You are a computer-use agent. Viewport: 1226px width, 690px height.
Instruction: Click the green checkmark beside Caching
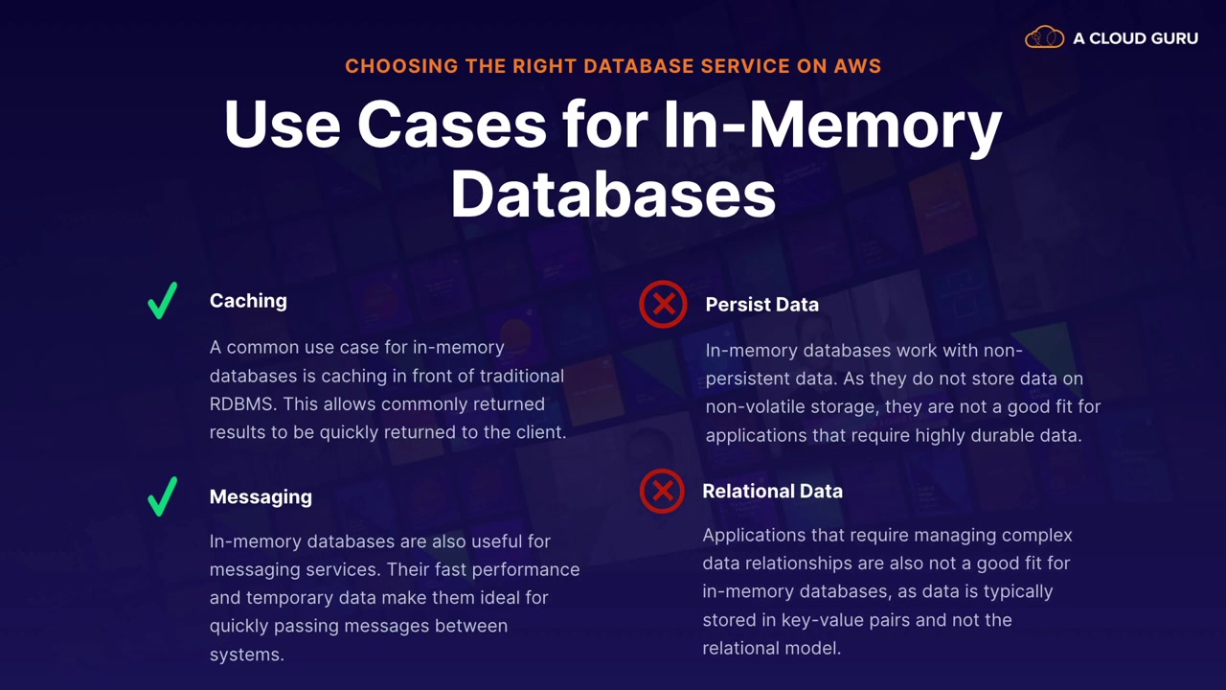[163, 301]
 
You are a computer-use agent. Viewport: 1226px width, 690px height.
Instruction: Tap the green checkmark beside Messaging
[163, 496]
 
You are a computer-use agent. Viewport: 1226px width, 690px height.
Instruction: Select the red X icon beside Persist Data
[663, 304]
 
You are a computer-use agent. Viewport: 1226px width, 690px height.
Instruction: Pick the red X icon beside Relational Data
[662, 491]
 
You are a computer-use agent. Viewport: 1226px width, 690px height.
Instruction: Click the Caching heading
[248, 301]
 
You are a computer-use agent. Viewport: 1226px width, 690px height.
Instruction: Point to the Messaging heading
[261, 496]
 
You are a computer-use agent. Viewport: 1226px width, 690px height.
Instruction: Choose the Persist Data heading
[761, 305]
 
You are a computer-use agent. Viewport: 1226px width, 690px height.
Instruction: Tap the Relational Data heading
[772, 491]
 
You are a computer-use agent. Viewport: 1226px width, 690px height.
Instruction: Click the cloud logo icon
[1044, 38]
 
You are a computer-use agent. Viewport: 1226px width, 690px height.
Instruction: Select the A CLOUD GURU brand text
[1135, 39]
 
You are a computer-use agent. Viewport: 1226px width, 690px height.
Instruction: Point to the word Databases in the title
[613, 195]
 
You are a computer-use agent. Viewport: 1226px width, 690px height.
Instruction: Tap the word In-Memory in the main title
[831, 125]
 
